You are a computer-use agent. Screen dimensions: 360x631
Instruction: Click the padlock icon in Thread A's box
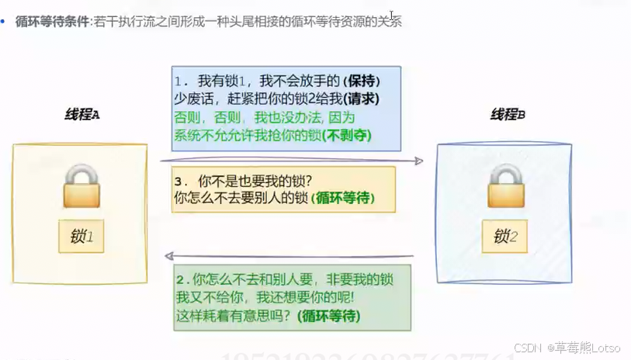pos(81,187)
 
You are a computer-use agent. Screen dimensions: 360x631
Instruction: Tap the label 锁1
pos(81,235)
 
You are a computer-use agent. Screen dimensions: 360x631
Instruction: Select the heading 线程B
pos(508,115)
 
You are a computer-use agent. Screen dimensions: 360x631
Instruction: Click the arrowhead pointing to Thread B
pos(418,161)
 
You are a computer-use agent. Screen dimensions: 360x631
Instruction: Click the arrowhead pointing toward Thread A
pos(167,256)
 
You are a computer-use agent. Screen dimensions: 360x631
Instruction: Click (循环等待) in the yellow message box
pos(342,198)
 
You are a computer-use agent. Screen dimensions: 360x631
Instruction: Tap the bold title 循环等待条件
pos(52,21)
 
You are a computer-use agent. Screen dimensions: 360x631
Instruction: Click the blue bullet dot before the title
pos(5,21)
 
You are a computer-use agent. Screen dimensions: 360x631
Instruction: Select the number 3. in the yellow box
pos(180,182)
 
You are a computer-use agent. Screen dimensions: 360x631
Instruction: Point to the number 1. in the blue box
pos(181,81)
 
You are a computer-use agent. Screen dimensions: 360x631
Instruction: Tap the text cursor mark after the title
pos(392,16)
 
